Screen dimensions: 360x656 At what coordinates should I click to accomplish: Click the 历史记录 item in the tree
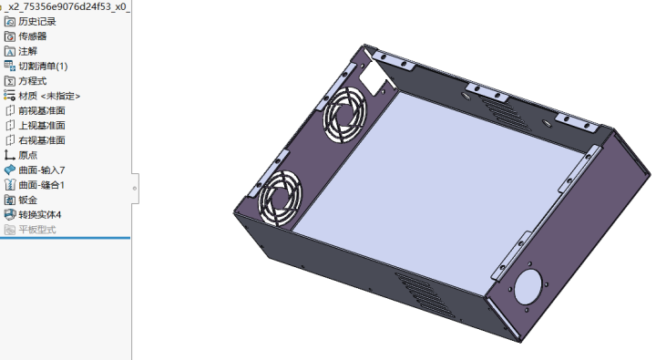tap(38, 21)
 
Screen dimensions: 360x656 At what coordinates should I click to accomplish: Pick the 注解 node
tap(27, 51)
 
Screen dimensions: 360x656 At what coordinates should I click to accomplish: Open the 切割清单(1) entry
tap(43, 66)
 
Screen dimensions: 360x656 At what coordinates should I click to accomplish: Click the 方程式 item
tap(32, 80)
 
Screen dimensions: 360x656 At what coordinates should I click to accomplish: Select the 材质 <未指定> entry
tap(49, 96)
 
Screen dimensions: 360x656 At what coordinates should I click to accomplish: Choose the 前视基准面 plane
tap(42, 110)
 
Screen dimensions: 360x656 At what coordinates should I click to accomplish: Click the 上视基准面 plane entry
tap(42, 125)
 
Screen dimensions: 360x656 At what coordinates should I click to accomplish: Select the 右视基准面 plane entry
tap(42, 140)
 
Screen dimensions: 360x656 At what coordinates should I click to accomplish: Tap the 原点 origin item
tap(27, 155)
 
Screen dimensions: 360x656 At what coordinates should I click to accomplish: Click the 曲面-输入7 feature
tap(42, 170)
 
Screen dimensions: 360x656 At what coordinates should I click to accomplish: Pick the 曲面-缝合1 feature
tap(42, 185)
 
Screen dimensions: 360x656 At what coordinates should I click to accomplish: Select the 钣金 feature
tap(27, 200)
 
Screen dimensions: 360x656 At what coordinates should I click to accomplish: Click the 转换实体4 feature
tap(40, 214)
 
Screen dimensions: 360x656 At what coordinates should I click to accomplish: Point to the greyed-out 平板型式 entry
tap(36, 230)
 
